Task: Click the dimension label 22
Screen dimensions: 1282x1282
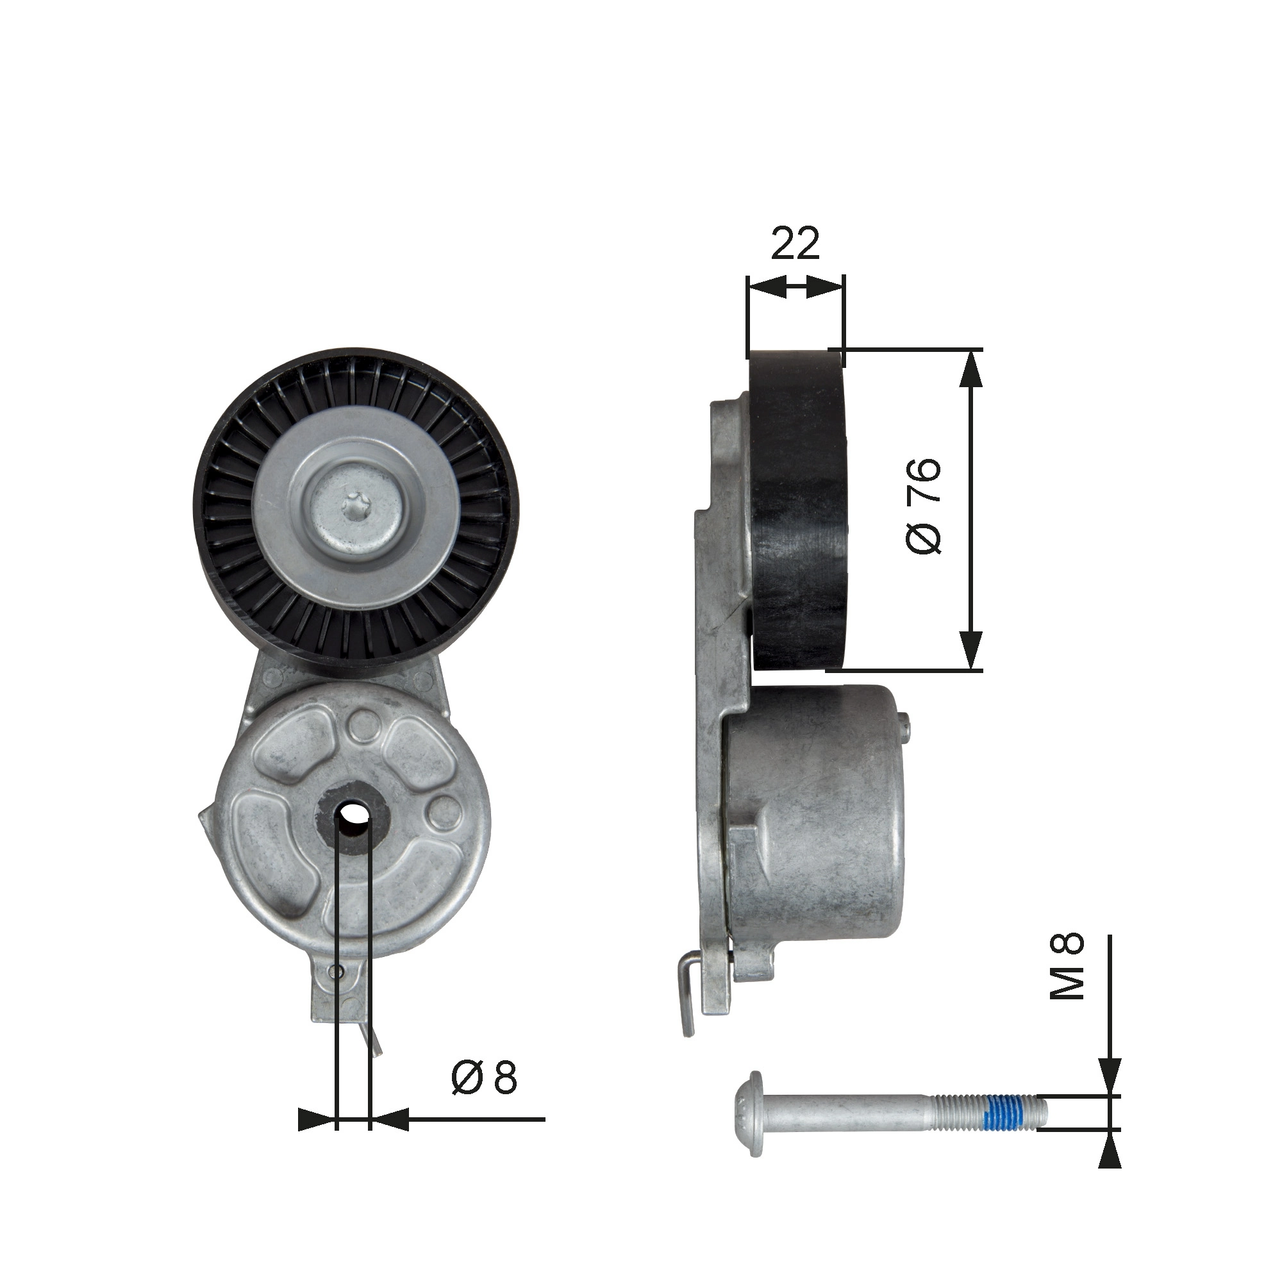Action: point(795,244)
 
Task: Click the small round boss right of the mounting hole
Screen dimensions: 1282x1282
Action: point(444,813)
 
